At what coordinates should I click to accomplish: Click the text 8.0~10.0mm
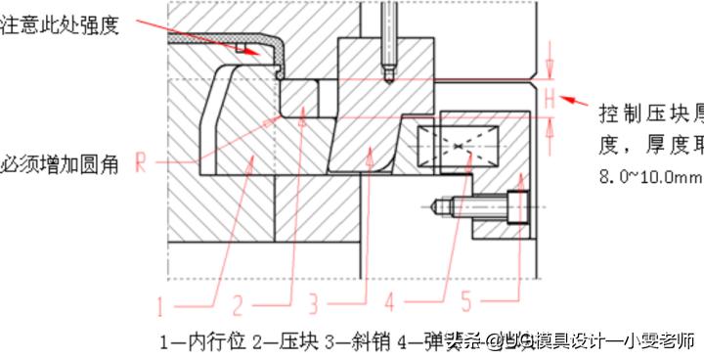point(649,176)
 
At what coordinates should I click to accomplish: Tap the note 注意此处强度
point(60,25)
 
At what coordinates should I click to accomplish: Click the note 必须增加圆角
point(60,163)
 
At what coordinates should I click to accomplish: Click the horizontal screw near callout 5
point(480,206)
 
